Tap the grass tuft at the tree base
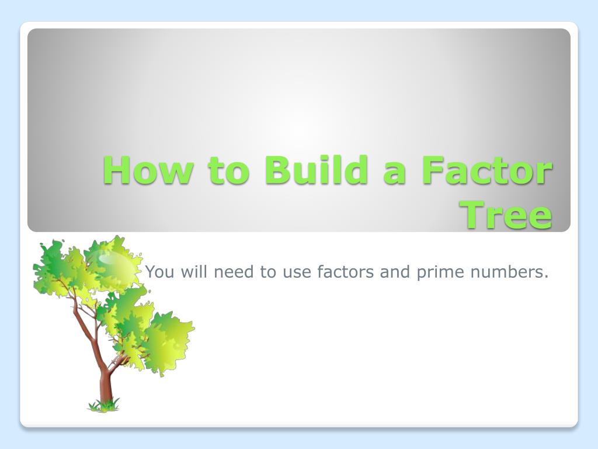(104, 404)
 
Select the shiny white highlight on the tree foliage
(111, 257)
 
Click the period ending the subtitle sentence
(547, 277)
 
